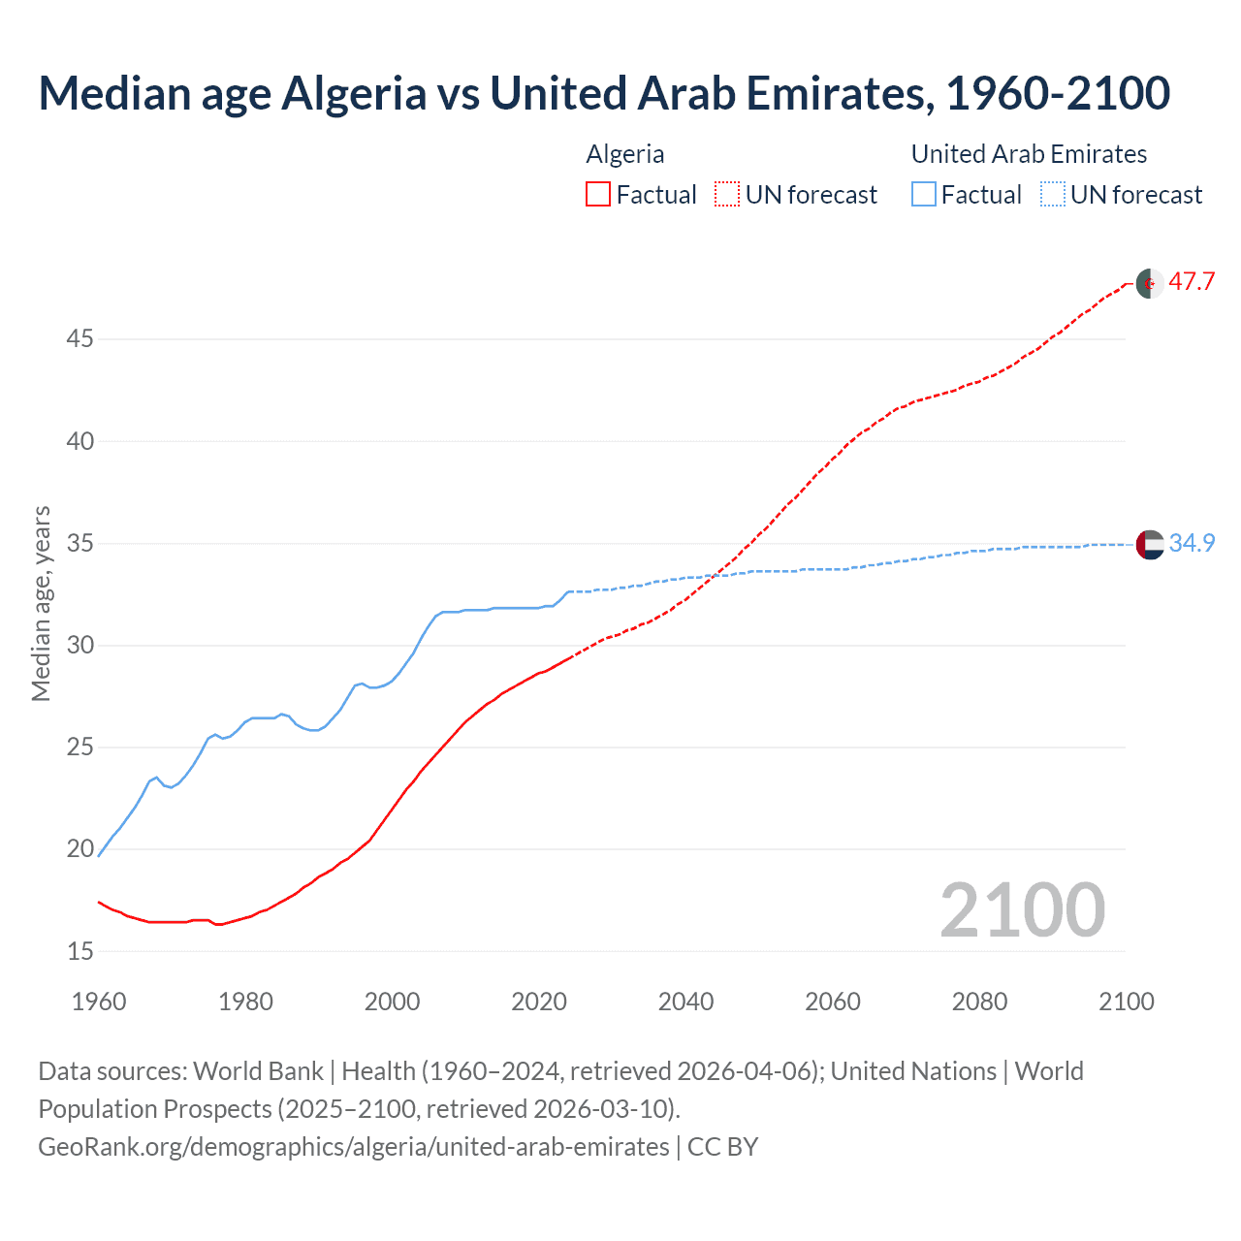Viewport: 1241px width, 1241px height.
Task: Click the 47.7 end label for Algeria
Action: [x=1192, y=282]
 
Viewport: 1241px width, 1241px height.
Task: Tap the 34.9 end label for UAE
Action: [x=1192, y=544]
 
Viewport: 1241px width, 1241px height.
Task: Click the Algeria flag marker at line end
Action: [x=1150, y=283]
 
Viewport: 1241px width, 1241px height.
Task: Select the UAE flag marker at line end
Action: [x=1150, y=545]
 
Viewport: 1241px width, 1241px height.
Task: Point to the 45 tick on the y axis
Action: [x=80, y=339]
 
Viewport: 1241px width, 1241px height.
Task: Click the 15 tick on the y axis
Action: [x=80, y=952]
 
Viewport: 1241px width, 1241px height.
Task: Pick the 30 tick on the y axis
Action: [x=80, y=646]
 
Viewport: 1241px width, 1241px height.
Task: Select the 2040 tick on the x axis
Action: [x=685, y=1002]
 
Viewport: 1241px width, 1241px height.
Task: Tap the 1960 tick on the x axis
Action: [x=99, y=1002]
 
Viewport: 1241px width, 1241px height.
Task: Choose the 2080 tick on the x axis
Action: [x=979, y=1002]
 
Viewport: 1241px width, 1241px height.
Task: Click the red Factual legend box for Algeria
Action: [x=598, y=195]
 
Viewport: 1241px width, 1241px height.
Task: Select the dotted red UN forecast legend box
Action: [x=727, y=195]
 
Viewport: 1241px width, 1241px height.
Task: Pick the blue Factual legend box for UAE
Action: [x=924, y=195]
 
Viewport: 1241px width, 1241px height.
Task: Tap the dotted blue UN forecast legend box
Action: [x=1052, y=195]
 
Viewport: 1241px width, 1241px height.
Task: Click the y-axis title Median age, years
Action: [x=41, y=603]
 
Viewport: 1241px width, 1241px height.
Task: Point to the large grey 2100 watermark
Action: [x=1022, y=910]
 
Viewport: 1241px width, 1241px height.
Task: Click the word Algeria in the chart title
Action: [x=353, y=94]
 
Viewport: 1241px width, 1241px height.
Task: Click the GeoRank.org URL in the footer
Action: [x=354, y=1147]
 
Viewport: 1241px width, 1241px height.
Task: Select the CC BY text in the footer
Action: [x=722, y=1147]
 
